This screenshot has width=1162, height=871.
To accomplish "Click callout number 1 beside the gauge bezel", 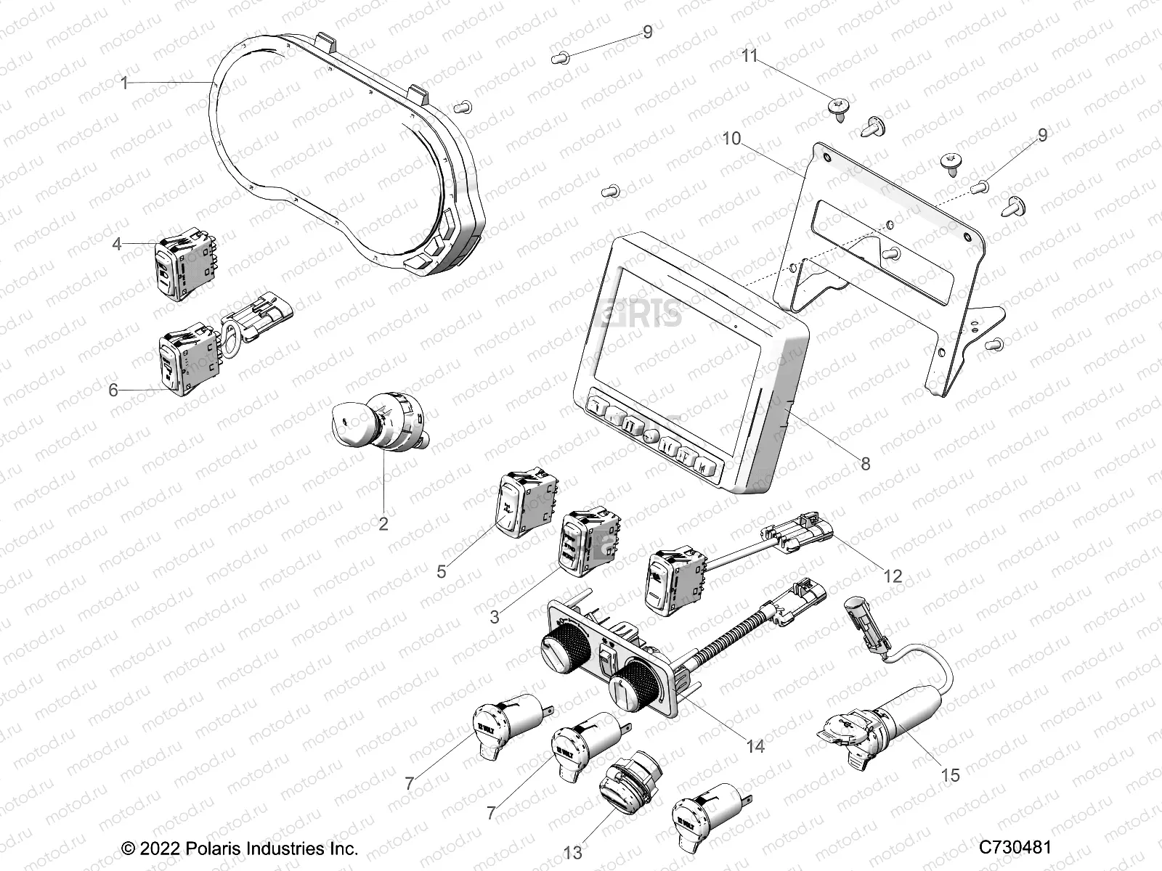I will point(124,83).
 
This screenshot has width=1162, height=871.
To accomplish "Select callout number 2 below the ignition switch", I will point(383,523).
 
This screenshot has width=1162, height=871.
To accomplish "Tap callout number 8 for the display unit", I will point(865,463).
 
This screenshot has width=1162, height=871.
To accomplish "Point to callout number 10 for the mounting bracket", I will point(731,137).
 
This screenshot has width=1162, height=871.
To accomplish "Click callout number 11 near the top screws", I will point(749,56).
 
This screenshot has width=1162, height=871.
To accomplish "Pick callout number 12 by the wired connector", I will point(892,576).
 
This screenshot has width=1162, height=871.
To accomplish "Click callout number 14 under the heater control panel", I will point(755,745).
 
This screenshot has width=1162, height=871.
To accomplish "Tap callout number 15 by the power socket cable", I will point(950,775).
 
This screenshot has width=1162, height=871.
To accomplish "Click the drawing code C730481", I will point(1015,847).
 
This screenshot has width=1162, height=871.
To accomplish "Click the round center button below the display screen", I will point(650,437).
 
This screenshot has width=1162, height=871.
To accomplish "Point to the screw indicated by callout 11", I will point(836,107).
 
